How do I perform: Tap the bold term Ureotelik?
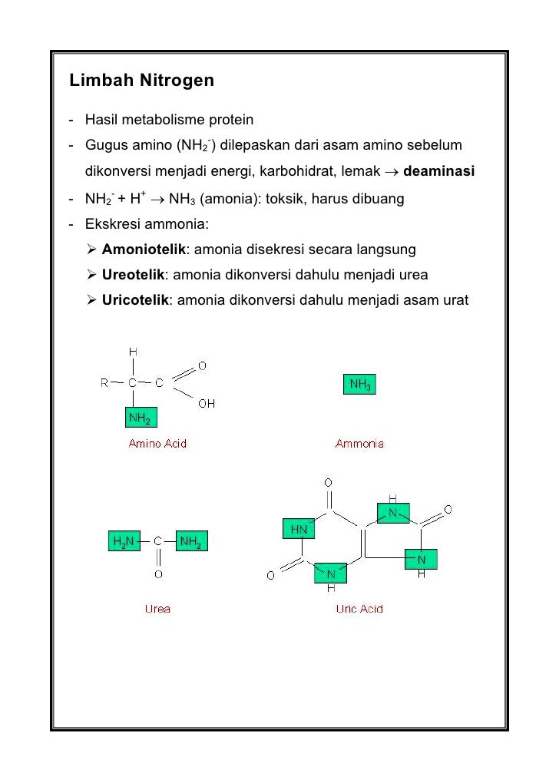133,274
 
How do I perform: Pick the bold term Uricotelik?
135,299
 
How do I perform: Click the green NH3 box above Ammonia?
359,385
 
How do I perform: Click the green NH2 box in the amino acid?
141,418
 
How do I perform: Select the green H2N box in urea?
122,542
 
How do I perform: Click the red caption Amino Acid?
157,444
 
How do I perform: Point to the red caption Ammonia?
359,444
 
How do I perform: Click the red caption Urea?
157,609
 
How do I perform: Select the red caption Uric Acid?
359,609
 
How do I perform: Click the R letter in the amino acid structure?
104,383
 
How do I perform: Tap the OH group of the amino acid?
207,403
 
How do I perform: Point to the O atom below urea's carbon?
157,573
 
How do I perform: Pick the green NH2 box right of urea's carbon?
192,542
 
